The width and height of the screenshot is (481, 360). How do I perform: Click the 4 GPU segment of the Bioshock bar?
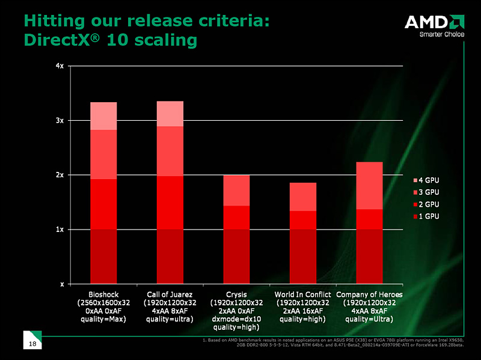(103, 116)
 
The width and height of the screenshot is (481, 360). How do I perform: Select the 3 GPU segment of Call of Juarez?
(170, 151)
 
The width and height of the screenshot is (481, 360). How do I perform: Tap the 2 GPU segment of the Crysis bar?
(236, 217)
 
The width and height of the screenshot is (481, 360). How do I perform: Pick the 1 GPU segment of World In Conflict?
(303, 256)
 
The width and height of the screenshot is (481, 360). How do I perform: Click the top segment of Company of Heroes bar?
(370, 185)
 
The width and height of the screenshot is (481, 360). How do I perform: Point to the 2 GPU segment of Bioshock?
(103, 204)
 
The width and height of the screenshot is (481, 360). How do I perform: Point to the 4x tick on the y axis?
(61, 66)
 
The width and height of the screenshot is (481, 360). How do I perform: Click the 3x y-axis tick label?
(61, 120)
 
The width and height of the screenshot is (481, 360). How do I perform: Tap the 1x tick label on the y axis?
(61, 229)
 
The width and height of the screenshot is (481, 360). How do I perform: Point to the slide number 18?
(32, 343)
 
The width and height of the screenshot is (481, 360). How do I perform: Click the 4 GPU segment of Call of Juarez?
(170, 114)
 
